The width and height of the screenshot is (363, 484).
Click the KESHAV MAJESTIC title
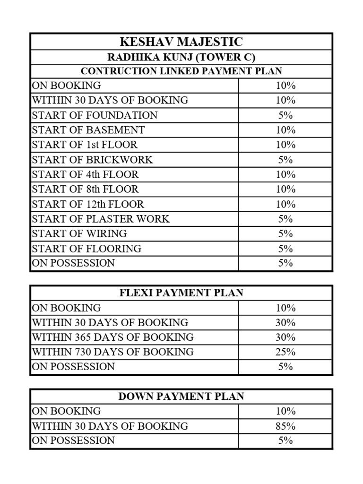click(x=181, y=42)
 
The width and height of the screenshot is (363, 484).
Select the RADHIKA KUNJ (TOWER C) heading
click(x=181, y=57)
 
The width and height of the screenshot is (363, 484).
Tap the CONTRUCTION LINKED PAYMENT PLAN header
click(x=181, y=71)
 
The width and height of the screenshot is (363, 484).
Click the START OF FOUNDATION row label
click(x=95, y=115)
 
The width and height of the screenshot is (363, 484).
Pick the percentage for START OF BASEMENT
click(x=285, y=130)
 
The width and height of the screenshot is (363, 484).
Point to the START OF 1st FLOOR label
click(x=85, y=145)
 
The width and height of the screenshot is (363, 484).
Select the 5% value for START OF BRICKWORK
click(x=285, y=160)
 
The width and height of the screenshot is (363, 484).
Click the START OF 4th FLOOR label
click(x=85, y=174)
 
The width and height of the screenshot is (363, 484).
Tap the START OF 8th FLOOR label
click(x=85, y=190)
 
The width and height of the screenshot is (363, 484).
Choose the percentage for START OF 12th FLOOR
click(x=285, y=204)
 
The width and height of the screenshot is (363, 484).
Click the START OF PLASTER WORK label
click(x=100, y=219)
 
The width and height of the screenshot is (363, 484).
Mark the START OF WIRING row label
click(x=79, y=233)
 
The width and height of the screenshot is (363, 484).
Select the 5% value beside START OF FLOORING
click(x=285, y=249)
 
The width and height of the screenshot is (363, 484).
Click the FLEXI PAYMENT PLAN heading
click(x=181, y=293)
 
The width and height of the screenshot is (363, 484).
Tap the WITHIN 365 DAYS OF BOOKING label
click(x=112, y=337)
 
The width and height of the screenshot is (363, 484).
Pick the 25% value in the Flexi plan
click(x=285, y=352)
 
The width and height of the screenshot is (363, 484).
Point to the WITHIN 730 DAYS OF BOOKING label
click(x=112, y=352)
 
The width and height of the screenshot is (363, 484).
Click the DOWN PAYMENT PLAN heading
click(x=181, y=397)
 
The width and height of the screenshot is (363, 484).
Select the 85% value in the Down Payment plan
click(x=285, y=426)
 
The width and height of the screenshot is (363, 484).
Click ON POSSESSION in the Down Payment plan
click(x=73, y=441)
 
